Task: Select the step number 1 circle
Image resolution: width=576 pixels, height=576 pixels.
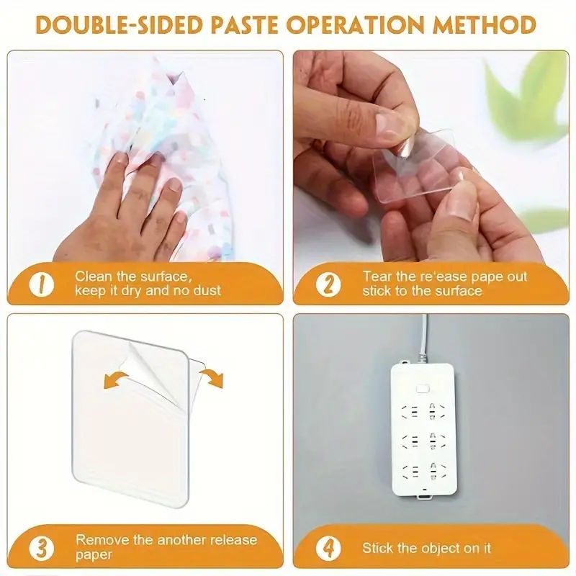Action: [41, 283]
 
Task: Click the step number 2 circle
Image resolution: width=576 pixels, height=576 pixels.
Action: [328, 283]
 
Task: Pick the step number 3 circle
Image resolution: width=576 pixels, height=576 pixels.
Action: [41, 546]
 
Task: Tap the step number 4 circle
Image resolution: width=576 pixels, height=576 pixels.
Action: [328, 547]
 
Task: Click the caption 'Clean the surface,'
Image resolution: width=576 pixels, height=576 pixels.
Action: [132, 276]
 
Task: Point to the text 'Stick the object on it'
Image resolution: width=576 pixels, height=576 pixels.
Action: [426, 548]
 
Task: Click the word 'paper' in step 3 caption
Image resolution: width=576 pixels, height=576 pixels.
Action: [94, 554]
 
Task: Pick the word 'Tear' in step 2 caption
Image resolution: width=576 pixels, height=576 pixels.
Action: [375, 276]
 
